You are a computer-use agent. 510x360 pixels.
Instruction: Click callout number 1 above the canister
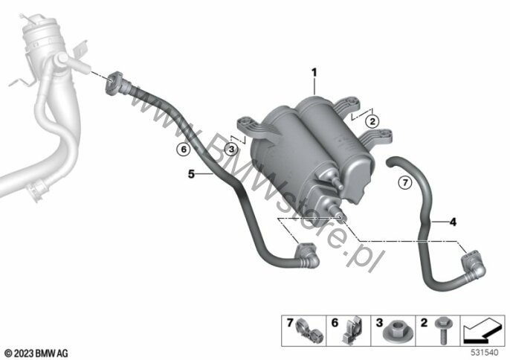tap(314, 73)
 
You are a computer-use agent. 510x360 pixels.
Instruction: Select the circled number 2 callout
tap(372, 122)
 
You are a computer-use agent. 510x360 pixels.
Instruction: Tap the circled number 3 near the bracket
tap(231, 150)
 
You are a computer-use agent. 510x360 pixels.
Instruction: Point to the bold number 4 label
tap(453, 222)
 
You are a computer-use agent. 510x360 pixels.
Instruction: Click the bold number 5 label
tap(191, 174)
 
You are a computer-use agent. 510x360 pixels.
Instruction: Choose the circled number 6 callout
tap(184, 150)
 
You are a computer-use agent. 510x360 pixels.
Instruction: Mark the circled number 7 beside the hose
tap(405, 182)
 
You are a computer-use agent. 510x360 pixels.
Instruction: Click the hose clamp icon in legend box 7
tap(308, 332)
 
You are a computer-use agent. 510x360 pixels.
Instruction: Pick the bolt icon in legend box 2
tap(442, 331)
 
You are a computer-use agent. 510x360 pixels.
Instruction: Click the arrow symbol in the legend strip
tap(482, 331)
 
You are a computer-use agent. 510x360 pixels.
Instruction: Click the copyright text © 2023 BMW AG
tap(36, 353)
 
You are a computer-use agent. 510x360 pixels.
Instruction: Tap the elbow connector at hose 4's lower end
tap(474, 266)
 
